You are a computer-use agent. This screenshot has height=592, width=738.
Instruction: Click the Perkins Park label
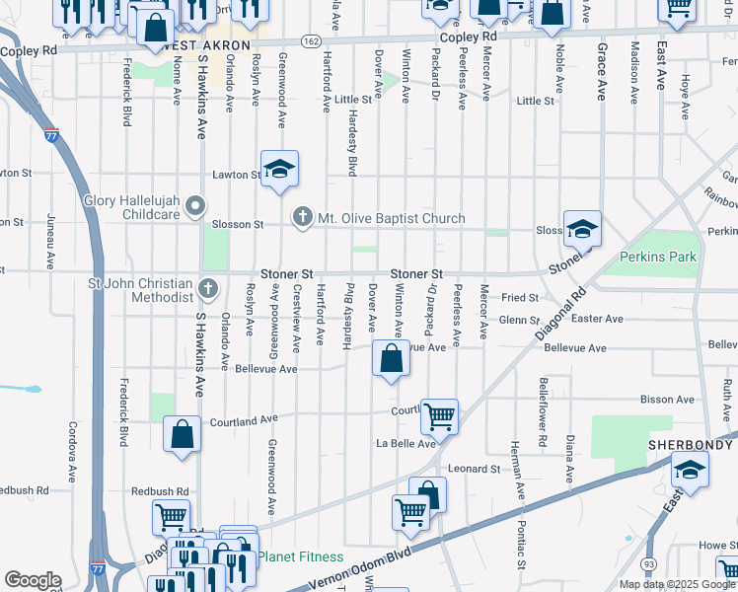tap(658, 257)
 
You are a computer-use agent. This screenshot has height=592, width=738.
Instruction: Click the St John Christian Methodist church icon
tap(207, 288)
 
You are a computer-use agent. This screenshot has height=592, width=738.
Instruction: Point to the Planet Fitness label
tap(301, 557)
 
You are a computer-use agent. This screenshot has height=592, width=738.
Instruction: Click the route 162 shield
tap(311, 41)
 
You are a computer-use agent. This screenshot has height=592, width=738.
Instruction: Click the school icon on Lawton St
tap(279, 169)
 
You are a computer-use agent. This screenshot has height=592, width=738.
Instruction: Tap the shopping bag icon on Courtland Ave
tap(183, 434)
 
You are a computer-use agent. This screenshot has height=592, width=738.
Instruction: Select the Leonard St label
tap(475, 469)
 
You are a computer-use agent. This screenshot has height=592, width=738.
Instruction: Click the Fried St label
tap(519, 297)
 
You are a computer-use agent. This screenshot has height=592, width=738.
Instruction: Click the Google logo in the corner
tap(32, 580)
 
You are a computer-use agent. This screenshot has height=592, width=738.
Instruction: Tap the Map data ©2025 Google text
tap(677, 584)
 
